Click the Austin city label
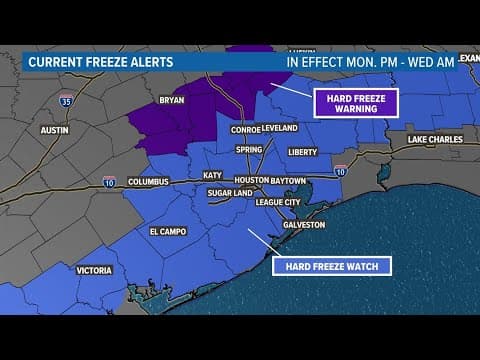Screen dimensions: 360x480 pyautogui.click(x=54, y=130)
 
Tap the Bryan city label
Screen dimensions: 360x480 pyautogui.click(x=172, y=101)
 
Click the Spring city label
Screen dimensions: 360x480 pyautogui.click(x=249, y=149)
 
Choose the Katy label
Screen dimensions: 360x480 pyautogui.click(x=212, y=175)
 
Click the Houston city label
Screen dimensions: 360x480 pyautogui.click(x=251, y=180)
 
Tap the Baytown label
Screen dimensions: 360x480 pyautogui.click(x=287, y=180)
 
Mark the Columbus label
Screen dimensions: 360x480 pyautogui.click(x=148, y=182)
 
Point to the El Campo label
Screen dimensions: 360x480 pyautogui.click(x=168, y=231)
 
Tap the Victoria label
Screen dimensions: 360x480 pyautogui.click(x=94, y=270)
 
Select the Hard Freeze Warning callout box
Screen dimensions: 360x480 pyautogui.click(x=356, y=103)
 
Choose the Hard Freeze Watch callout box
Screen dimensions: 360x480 pyautogui.click(x=332, y=265)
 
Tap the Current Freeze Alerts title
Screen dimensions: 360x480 pyautogui.click(x=100, y=62)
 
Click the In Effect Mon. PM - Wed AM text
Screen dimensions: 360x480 pyautogui.click(x=371, y=61)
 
